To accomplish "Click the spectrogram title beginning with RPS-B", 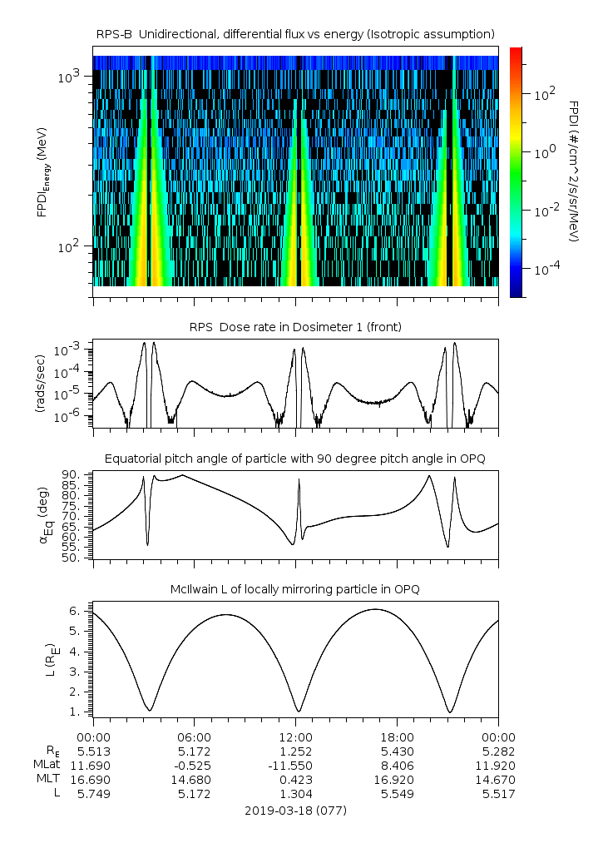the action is [x=295, y=35].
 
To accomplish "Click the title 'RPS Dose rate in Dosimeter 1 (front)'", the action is [x=295, y=327].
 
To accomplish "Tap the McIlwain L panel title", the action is [x=295, y=589].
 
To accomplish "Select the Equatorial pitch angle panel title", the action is [x=295, y=459].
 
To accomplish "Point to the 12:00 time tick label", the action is [x=295, y=737].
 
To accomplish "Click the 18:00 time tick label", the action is [x=397, y=737].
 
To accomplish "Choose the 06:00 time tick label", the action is [x=195, y=737].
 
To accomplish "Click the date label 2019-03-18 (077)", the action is [x=295, y=811].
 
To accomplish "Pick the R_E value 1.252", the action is [x=295, y=751].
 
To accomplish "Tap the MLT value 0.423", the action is [x=295, y=780].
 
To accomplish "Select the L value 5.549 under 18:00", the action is [x=397, y=794].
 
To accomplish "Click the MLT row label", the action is [x=48, y=779].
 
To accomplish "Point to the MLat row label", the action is [x=47, y=764].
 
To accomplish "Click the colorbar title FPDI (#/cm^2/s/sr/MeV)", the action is [x=574, y=171].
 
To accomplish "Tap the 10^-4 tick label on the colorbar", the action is [x=545, y=268].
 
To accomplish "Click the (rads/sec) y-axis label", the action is [x=41, y=384].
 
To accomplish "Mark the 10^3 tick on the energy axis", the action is [x=68, y=77].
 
